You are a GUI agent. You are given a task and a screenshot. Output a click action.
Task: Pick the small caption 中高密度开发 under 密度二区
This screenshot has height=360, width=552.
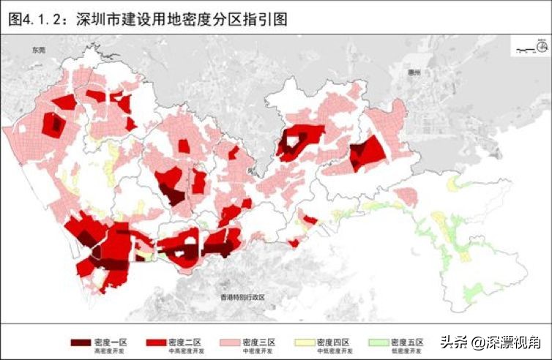pos(184,352)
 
